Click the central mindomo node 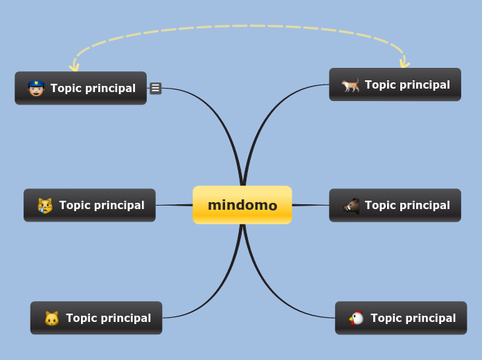coord(242,205)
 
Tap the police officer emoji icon coord(36,88)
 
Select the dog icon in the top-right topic coord(350,85)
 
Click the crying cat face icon coord(45,205)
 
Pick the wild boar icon coord(351,205)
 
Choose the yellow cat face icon coord(52,318)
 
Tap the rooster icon coord(357,318)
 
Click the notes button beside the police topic coord(156,88)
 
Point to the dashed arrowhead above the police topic coord(74,66)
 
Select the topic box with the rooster coord(401,318)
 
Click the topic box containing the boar coord(395,205)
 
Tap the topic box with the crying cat coord(89,205)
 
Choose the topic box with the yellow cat coord(96,318)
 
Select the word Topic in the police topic coord(66,88)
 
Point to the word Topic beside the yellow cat coord(82,318)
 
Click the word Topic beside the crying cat coord(75,205)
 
